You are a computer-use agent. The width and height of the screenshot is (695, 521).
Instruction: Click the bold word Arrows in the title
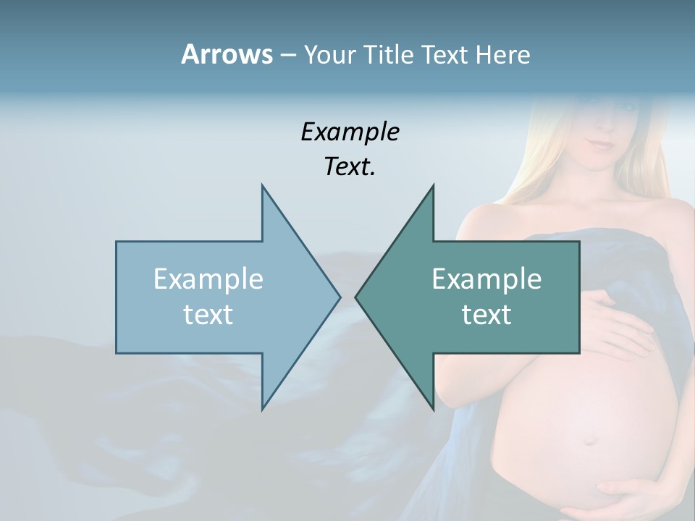226,54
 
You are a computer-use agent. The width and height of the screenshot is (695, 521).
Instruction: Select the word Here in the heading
502,55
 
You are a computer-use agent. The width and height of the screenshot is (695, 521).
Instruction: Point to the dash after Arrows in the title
287,56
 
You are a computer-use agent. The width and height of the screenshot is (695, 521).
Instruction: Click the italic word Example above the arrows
350,132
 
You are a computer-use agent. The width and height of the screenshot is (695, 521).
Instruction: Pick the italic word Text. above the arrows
350,166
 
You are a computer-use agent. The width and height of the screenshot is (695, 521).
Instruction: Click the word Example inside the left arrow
208,279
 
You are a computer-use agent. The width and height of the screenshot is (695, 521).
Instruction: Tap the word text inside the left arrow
208,314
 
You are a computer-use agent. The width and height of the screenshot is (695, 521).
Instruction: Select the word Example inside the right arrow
486,279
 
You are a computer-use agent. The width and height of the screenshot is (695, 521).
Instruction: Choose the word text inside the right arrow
486,314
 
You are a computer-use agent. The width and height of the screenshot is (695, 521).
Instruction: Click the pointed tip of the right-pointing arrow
340,297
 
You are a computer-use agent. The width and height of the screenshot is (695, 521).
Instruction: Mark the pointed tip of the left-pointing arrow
355,297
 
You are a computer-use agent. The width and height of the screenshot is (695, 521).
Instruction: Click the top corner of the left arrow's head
262,185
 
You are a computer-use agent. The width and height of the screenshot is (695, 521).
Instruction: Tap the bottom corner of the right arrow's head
433,410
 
